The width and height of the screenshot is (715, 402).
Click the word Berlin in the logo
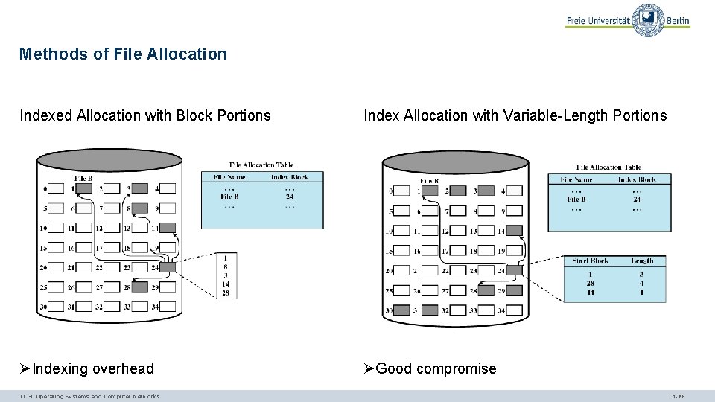point(679,22)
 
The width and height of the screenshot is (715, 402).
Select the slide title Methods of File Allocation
point(123,54)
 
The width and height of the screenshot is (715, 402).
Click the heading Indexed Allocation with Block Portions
point(145,115)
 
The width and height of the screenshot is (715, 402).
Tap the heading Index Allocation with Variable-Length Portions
point(515,115)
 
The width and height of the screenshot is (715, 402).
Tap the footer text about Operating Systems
point(89,396)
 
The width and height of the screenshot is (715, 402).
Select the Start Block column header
point(591,261)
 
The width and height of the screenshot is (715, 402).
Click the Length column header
point(642,261)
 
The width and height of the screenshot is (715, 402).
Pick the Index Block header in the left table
point(290,177)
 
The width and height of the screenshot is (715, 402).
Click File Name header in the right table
point(577,179)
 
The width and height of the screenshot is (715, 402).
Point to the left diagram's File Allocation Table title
point(261,165)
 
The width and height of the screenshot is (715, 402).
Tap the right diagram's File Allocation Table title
point(608,167)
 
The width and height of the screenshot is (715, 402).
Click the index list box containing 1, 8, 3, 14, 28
point(226,275)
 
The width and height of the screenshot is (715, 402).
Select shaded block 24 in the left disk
point(168,267)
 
